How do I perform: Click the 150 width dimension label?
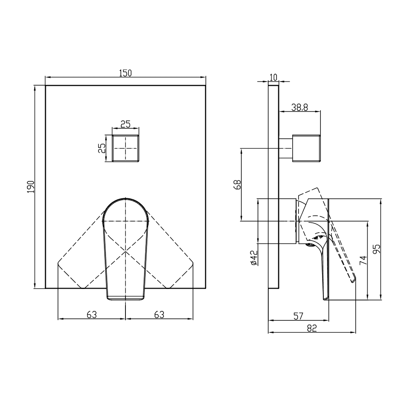(125, 73)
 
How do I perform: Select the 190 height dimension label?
(31, 187)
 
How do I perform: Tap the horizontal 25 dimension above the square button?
(125, 124)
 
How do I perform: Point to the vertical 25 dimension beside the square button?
(102, 148)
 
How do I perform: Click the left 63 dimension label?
(91, 315)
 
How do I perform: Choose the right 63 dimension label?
(159, 315)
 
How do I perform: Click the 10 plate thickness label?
(274, 77)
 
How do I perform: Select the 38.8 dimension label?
(299, 108)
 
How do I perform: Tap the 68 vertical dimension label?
(237, 185)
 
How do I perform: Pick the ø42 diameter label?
(254, 258)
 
